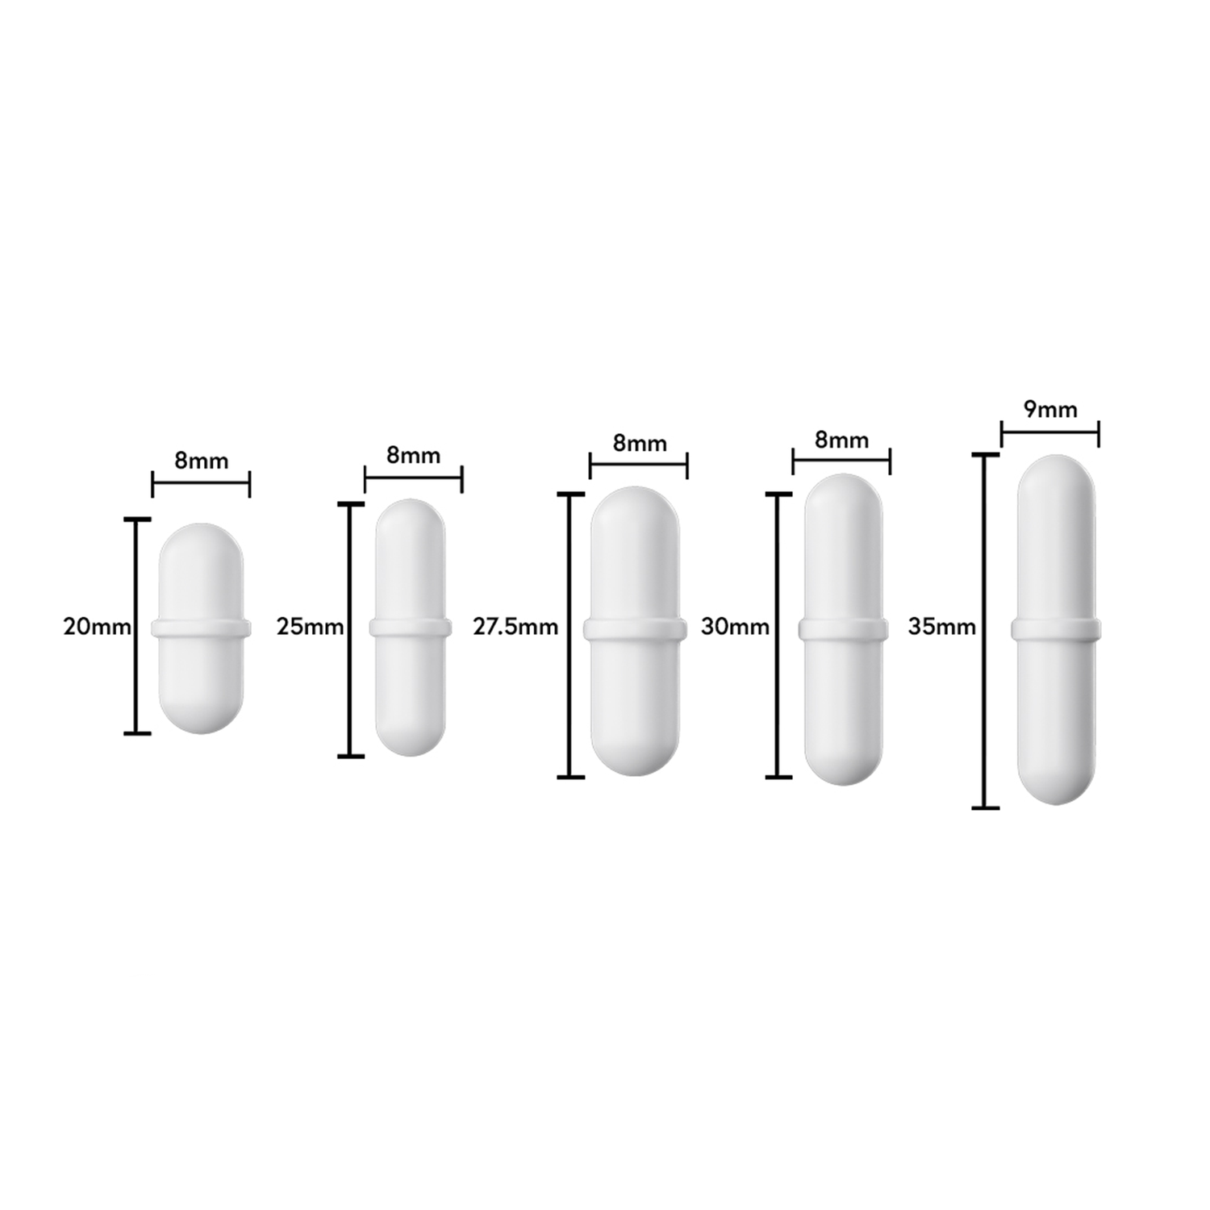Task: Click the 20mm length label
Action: click(97, 626)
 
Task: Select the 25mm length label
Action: click(310, 626)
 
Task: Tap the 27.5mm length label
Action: click(515, 626)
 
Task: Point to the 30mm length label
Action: click(735, 626)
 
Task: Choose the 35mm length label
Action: click(941, 626)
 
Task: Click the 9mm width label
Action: click(1050, 410)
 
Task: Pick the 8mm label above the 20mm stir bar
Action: click(202, 461)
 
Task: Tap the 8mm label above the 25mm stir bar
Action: click(413, 455)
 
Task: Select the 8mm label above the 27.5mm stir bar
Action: click(640, 443)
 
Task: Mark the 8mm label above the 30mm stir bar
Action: click(841, 440)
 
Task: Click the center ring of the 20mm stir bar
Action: click(202, 628)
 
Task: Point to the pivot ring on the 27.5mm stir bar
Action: click(636, 629)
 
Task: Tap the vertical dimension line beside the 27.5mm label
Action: click(570, 686)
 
